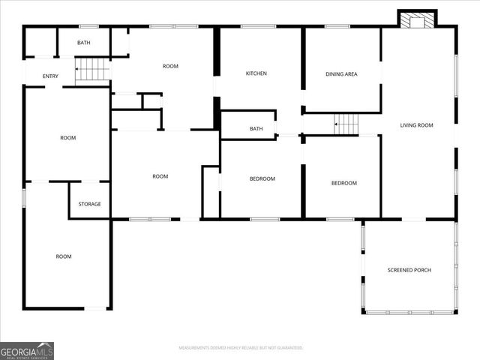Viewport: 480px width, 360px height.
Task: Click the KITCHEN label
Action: pyautogui.click(x=256, y=73)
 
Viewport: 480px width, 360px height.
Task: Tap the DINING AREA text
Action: pyautogui.click(x=341, y=74)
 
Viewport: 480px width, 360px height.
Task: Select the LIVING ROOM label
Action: pyautogui.click(x=417, y=125)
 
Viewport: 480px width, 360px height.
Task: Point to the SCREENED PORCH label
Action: pyautogui.click(x=409, y=270)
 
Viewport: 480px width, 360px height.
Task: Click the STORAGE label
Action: pyautogui.click(x=90, y=204)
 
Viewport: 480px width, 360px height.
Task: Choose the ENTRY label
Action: pyautogui.click(x=50, y=76)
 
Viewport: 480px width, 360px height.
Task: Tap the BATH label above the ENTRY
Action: pyautogui.click(x=83, y=43)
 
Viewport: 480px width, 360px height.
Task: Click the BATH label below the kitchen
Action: pyautogui.click(x=256, y=129)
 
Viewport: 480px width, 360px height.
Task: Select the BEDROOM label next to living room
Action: pyautogui.click(x=344, y=183)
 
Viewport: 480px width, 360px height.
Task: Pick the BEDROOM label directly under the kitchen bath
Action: pyautogui.click(x=262, y=178)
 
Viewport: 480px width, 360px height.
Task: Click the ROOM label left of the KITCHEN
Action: pyautogui.click(x=170, y=67)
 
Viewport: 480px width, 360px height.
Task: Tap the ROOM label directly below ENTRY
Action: pyautogui.click(x=67, y=138)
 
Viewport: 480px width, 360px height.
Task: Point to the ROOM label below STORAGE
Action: pyautogui.click(x=64, y=256)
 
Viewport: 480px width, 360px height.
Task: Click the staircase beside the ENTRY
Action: pyautogui.click(x=93, y=70)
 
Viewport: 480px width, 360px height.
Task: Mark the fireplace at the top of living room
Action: pyautogui.click(x=415, y=20)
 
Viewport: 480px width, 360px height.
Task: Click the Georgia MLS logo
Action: pyautogui.click(x=27, y=350)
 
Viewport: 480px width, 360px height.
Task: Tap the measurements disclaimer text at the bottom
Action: pyautogui.click(x=241, y=348)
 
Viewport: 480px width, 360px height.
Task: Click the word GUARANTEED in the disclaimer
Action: pyautogui.click(x=289, y=348)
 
